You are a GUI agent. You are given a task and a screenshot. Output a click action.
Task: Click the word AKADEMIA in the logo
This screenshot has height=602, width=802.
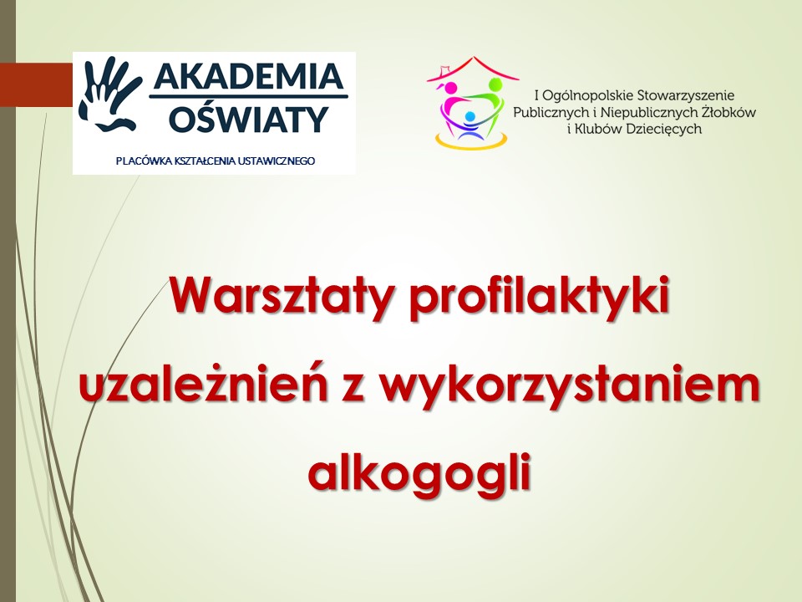pos(249,76)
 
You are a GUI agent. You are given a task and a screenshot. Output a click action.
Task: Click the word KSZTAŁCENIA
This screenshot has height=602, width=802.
pos(206,161)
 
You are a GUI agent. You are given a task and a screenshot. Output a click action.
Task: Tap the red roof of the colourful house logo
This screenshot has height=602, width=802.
pos(473,69)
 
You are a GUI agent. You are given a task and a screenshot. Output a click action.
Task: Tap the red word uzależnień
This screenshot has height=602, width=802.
pos(204,384)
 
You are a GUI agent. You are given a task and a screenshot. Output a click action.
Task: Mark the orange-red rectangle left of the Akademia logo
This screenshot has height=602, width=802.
pos(36,84)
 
